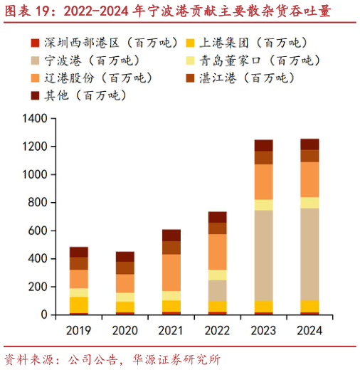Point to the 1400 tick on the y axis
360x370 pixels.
(x=33, y=119)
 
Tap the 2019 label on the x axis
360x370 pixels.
(x=79, y=331)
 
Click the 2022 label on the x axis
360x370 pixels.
(x=217, y=331)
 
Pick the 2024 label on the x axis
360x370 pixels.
(x=309, y=331)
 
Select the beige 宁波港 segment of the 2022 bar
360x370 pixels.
(x=217, y=290)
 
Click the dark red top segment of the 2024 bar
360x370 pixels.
(x=309, y=144)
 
